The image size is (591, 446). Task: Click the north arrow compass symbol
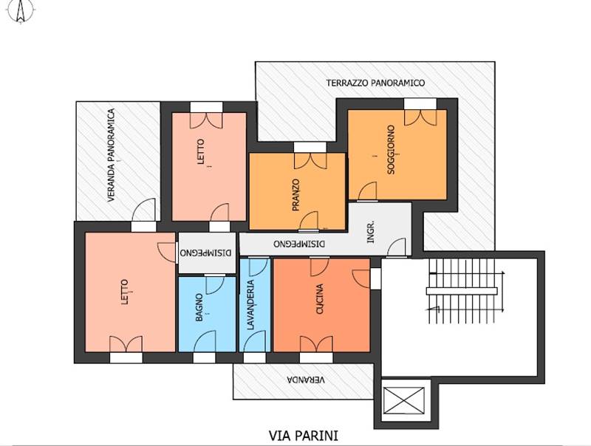point(21,11)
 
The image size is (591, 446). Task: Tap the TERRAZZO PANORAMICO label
point(375,83)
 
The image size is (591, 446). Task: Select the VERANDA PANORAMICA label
point(111,155)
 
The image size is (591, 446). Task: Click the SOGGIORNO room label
point(391,150)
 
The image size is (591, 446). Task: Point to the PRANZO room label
point(295,195)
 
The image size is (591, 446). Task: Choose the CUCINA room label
point(320,299)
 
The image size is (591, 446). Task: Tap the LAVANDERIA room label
point(250,305)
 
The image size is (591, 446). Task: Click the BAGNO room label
point(199,307)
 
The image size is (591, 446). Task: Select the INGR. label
point(371,231)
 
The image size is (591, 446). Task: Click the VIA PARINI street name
point(304,436)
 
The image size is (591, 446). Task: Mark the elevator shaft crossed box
point(403,400)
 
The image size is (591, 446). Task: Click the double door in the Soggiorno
point(420,117)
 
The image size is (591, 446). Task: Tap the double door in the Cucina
point(316,344)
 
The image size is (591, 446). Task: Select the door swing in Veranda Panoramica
point(143,210)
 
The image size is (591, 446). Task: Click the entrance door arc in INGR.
point(397,247)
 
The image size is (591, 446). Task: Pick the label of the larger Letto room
point(125,292)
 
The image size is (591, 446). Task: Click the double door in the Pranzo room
point(310,161)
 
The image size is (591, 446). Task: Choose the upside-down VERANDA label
point(306,380)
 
